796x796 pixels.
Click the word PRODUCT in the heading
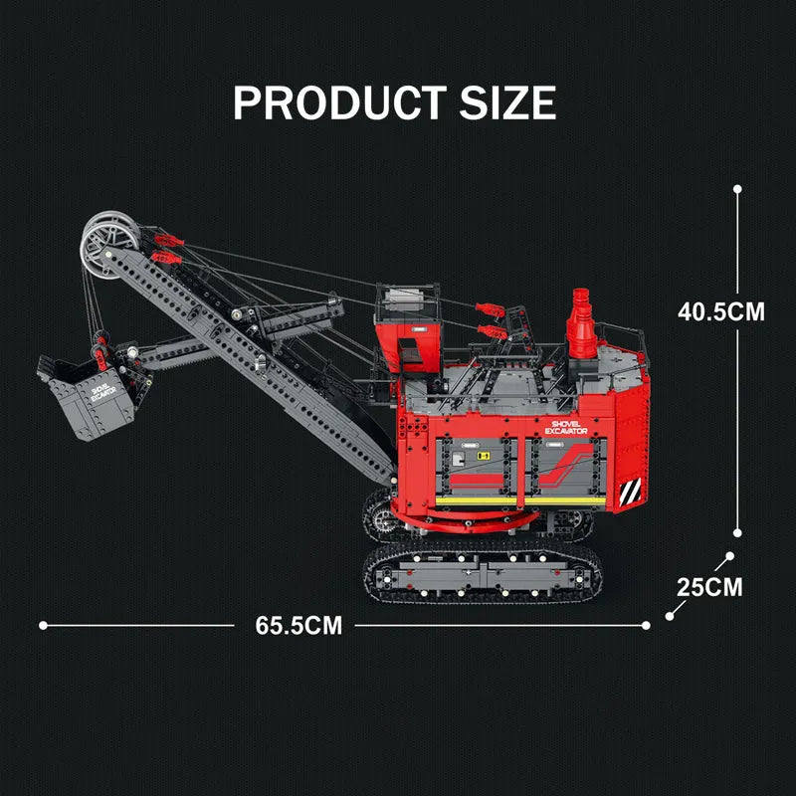click(x=339, y=102)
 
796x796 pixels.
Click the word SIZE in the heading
click(x=507, y=102)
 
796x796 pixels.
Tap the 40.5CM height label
click(x=720, y=311)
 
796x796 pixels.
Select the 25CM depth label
click(x=709, y=587)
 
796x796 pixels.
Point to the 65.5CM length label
click(x=298, y=626)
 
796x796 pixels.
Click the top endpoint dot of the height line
click(x=737, y=189)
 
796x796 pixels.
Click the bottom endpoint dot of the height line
click(x=737, y=533)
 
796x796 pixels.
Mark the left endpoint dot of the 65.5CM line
click(x=43, y=626)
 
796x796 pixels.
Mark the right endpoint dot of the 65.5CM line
click(x=646, y=626)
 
